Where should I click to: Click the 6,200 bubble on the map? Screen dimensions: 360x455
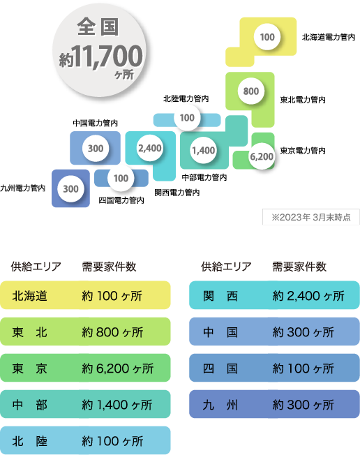point(262,156)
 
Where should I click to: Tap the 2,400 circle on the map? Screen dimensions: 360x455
point(150,148)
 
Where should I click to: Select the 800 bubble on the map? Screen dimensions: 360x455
point(251,91)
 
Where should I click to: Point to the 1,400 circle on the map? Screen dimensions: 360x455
point(204,150)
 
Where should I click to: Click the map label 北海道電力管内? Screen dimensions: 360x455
point(329,37)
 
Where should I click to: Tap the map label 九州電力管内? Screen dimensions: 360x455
point(22,188)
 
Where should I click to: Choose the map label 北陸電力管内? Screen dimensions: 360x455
point(186,98)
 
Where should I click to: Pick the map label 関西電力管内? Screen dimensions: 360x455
point(177,193)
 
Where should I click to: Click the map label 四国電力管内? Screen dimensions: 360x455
point(121,200)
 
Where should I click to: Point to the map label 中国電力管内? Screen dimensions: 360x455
point(95,123)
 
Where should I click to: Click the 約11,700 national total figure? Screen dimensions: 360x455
point(100,57)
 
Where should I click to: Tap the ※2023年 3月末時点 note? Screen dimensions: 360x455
point(311,217)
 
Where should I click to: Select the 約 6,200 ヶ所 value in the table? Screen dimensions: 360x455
point(117,368)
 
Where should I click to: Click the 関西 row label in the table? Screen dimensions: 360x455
point(220,296)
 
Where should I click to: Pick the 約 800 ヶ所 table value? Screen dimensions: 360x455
point(112,332)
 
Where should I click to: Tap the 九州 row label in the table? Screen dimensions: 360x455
point(220,405)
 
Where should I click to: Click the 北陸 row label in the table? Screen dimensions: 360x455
point(29,441)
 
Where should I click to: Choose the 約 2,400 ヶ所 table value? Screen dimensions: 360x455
point(308,296)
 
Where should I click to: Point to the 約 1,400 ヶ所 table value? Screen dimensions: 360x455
point(117,405)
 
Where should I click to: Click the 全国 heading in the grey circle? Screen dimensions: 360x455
point(98,27)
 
